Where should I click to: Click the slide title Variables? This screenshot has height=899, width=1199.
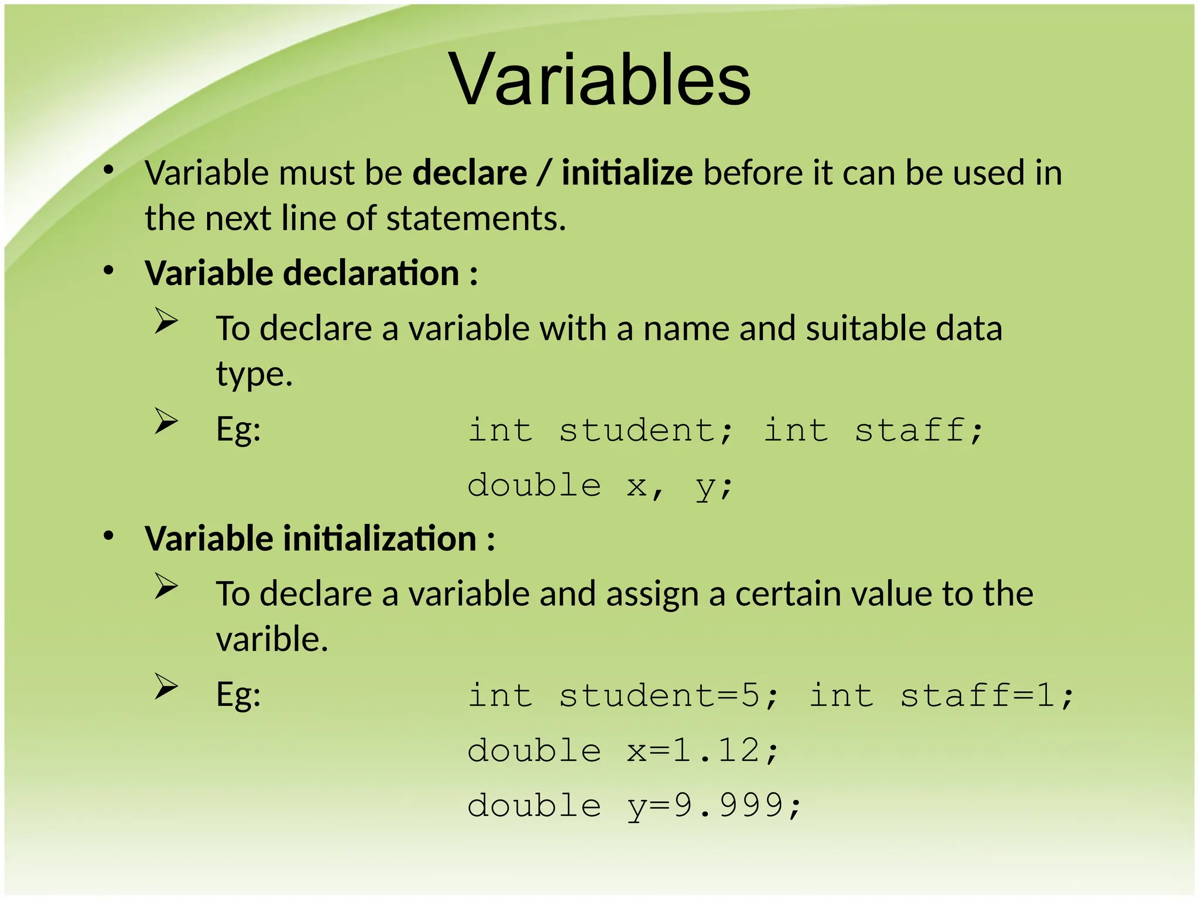pyautogui.click(x=599, y=80)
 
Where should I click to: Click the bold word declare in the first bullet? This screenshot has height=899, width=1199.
pyautogui.click(x=470, y=173)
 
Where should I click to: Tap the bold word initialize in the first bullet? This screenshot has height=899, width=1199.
pyautogui.click(x=627, y=173)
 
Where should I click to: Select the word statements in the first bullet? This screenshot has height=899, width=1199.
pyautogui.click(x=475, y=219)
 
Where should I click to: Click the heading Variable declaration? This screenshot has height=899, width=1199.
pyautogui.click(x=311, y=273)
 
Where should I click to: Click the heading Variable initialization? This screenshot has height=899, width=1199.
pyautogui.click(x=319, y=538)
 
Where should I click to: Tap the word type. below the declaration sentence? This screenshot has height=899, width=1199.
pyautogui.click(x=254, y=375)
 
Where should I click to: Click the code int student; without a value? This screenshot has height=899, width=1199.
pyautogui.click(x=600, y=430)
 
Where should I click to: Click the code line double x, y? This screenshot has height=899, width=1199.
pyautogui.click(x=600, y=486)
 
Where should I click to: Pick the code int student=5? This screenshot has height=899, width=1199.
pyautogui.click(x=624, y=696)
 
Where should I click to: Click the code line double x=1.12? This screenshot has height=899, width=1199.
pyautogui.click(x=624, y=750)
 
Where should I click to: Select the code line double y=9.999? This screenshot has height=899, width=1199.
pyautogui.click(x=634, y=805)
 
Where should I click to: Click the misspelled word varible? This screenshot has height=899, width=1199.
pyautogui.click(x=272, y=639)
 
